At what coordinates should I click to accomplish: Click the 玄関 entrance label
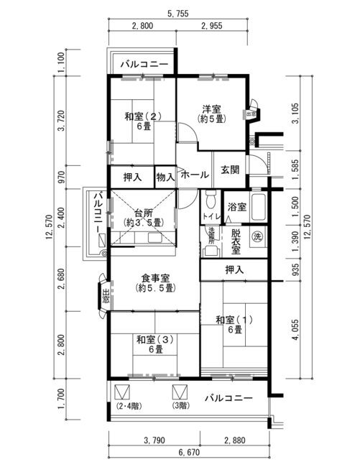230,170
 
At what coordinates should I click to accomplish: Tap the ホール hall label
195,175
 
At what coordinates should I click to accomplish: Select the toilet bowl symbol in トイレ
211,200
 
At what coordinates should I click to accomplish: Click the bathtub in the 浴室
259,207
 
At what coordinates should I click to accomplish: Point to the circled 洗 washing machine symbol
257,237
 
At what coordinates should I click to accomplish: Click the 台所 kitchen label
144,213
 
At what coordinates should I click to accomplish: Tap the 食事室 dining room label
155,278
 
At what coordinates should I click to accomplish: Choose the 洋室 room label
212,109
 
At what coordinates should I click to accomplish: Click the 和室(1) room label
235,320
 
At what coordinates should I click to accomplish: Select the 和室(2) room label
143,116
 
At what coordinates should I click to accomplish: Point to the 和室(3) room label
155,340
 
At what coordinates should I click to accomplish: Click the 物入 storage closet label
165,177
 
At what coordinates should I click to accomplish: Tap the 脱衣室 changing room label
236,242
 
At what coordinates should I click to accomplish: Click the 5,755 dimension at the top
178,14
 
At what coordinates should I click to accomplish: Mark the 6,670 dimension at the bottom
190,453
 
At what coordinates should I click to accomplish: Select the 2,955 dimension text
211,26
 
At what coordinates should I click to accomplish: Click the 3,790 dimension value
154,440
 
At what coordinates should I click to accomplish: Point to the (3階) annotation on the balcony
180,406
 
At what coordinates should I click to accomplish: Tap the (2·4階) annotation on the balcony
129,406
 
